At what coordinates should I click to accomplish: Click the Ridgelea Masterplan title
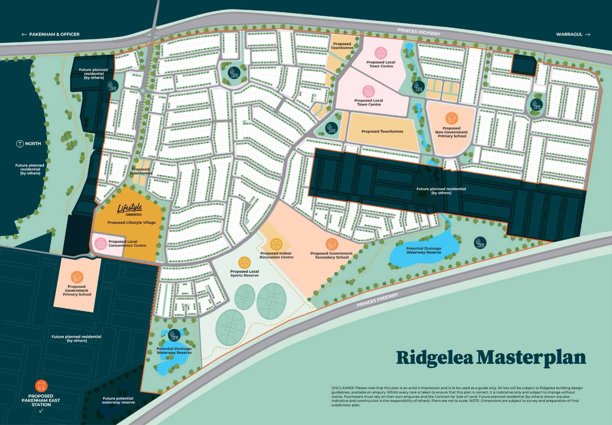coord(491,358)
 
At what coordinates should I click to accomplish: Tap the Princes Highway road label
coord(419,32)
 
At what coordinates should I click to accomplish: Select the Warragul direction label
coord(573,34)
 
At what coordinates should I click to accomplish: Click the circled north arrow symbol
coord(20,144)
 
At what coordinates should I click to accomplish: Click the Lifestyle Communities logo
coord(130,209)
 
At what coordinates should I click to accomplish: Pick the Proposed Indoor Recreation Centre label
coord(276,255)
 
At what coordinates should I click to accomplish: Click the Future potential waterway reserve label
coord(118,400)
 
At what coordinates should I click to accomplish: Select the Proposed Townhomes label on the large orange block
coord(382,131)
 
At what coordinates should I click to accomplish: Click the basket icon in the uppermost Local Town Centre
coord(380,53)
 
